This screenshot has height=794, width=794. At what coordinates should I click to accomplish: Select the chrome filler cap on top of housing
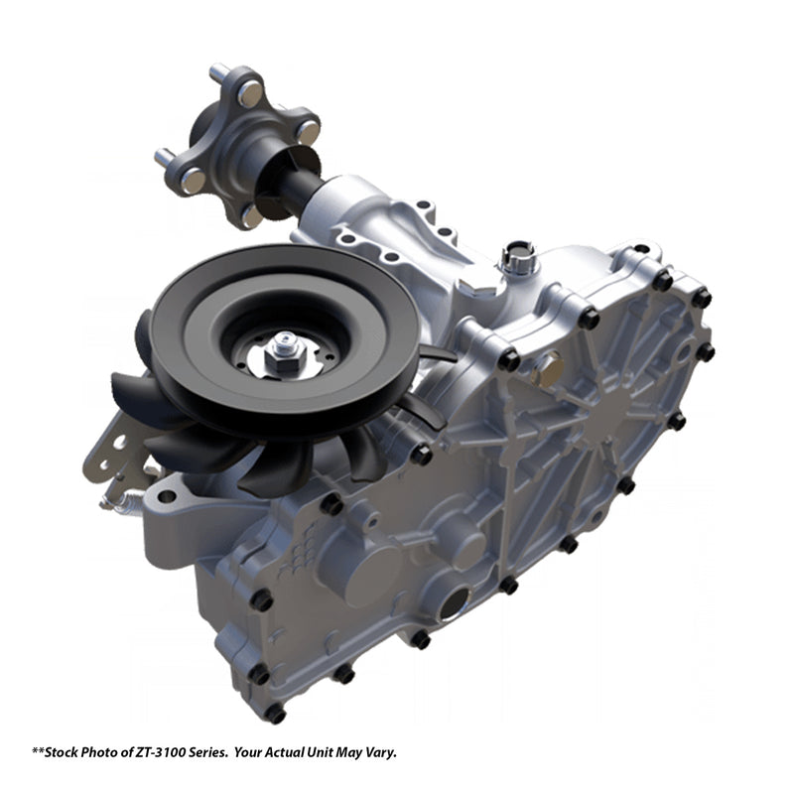pos(517,258)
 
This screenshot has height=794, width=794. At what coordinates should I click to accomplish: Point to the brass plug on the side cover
pos(547,367)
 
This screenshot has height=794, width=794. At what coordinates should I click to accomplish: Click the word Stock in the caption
pos(62,752)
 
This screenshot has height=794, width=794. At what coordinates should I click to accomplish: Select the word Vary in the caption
pos(382,753)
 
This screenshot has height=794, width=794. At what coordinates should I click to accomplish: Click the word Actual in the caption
pos(287,752)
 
